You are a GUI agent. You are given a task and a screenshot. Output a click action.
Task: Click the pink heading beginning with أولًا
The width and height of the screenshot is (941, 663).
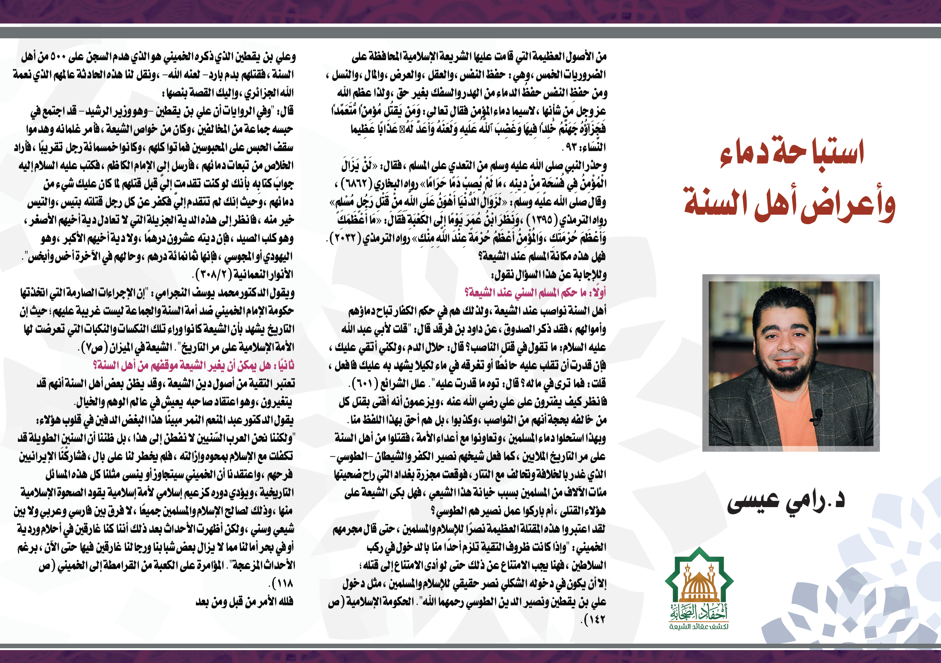pos(535,292)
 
